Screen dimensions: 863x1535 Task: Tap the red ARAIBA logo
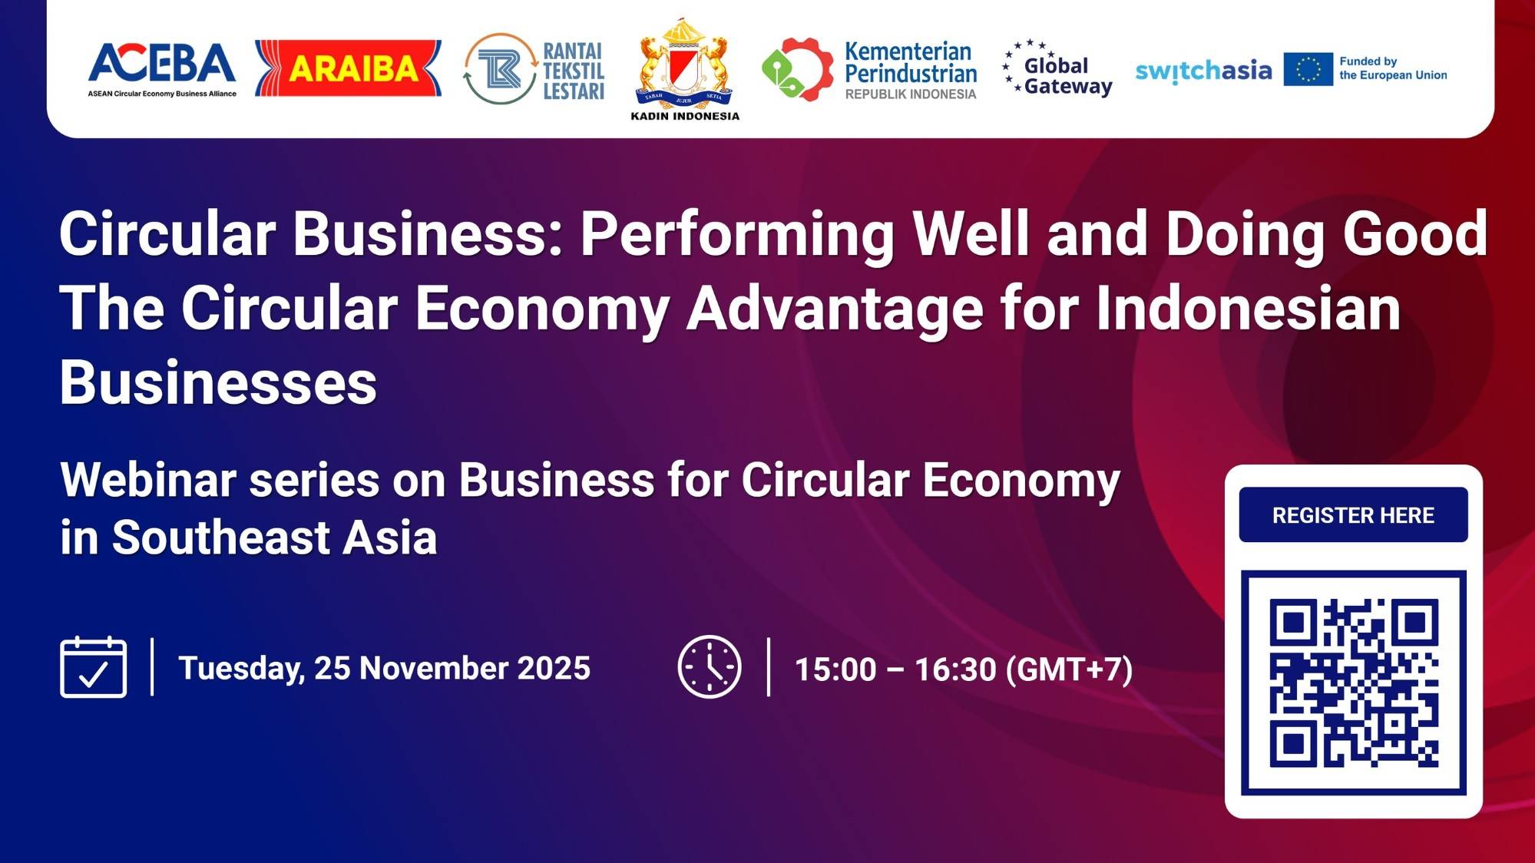click(348, 68)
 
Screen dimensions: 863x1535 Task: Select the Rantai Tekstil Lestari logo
click(534, 69)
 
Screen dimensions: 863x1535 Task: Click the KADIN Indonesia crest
click(684, 65)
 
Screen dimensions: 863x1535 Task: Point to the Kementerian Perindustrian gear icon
click(797, 69)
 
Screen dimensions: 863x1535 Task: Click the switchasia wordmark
click(1203, 71)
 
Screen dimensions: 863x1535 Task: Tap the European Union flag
click(1308, 70)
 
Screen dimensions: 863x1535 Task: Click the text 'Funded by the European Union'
click(1392, 68)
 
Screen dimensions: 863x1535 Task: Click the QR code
click(1353, 683)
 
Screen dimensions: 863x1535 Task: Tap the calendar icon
click(94, 667)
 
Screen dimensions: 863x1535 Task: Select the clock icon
click(709, 667)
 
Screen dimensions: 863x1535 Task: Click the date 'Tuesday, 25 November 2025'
click(384, 668)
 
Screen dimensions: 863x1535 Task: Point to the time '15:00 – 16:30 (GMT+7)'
click(963, 670)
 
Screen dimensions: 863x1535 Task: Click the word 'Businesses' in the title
click(218, 382)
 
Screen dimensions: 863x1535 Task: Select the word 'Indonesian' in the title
click(1248, 308)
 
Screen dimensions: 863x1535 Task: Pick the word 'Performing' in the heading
click(736, 233)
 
